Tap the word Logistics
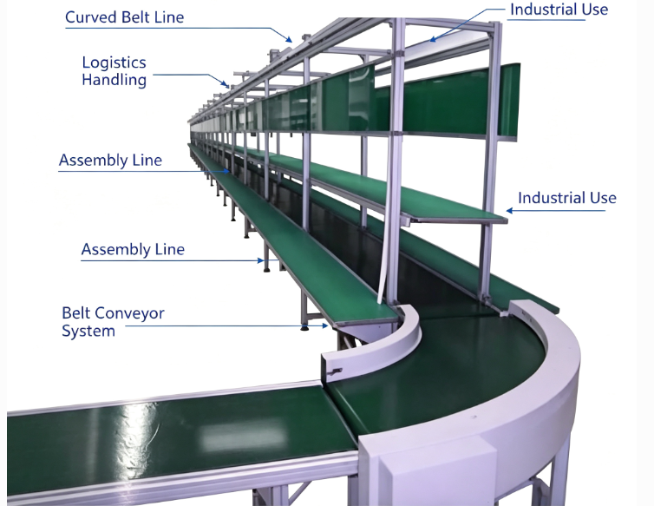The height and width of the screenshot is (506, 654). (x=114, y=62)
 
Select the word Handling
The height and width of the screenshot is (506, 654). (x=114, y=80)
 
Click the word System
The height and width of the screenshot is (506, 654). (x=88, y=331)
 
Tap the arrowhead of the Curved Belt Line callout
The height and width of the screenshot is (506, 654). (x=289, y=40)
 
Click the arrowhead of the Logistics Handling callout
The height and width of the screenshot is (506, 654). (x=226, y=85)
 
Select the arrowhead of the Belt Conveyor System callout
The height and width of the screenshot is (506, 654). (x=325, y=325)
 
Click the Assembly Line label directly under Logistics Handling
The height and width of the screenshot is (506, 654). (x=110, y=161)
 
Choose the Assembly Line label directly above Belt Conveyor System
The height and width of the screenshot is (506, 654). (x=133, y=250)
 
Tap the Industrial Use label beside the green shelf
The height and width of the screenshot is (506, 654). (x=566, y=198)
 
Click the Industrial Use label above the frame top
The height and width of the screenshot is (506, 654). (x=559, y=10)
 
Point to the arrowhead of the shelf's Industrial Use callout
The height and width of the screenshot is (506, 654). (x=510, y=210)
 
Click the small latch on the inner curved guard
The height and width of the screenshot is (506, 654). (x=335, y=371)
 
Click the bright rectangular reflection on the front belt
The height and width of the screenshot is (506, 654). (x=243, y=437)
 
